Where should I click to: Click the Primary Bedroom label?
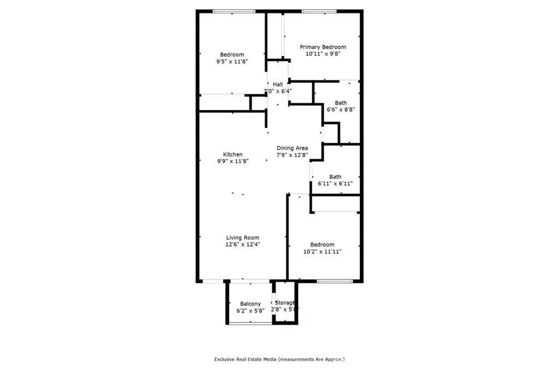pyautogui.click(x=323, y=47)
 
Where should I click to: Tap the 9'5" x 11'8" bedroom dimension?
pyautogui.click(x=231, y=61)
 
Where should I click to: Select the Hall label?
pyautogui.click(x=278, y=85)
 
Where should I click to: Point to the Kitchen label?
pyautogui.click(x=233, y=154)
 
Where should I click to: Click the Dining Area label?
pyautogui.click(x=293, y=148)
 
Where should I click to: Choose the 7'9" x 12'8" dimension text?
pyautogui.click(x=293, y=155)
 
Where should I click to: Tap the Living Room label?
pyautogui.click(x=242, y=238)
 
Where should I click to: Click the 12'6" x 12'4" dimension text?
pyautogui.click(x=242, y=244)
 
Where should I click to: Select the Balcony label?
pyautogui.click(x=250, y=304)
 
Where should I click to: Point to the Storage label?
pyautogui.click(x=285, y=303)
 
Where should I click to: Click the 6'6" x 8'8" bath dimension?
pyautogui.click(x=341, y=110)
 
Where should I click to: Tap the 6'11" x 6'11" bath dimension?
pyautogui.click(x=335, y=183)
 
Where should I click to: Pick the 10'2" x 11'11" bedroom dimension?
pyautogui.click(x=322, y=251)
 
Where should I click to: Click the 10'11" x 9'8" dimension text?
pyautogui.click(x=323, y=54)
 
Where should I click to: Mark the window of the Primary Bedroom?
pyautogui.click(x=319, y=11)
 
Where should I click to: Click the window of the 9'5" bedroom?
pyautogui.click(x=234, y=11)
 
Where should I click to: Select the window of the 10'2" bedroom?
pyautogui.click(x=335, y=281)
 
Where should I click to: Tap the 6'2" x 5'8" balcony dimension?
pyautogui.click(x=250, y=311)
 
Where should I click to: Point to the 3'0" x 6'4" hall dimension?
pyautogui.click(x=278, y=91)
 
